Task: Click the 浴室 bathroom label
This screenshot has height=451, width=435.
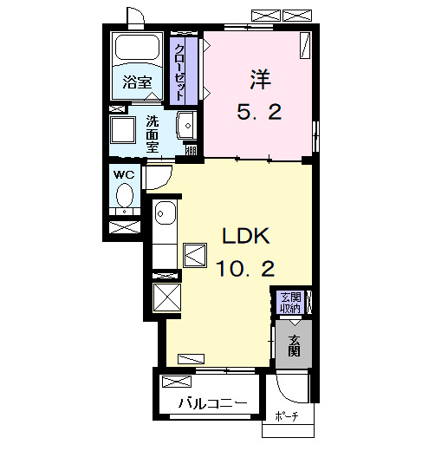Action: tap(137, 82)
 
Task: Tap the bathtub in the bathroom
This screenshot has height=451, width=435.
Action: tap(137, 48)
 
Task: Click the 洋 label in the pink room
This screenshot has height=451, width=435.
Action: tap(260, 80)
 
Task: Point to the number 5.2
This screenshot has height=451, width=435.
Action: tap(259, 112)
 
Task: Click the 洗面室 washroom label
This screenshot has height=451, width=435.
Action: tap(153, 134)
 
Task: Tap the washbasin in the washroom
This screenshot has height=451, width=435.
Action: tap(186, 126)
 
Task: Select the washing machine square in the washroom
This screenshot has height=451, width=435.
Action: tap(123, 129)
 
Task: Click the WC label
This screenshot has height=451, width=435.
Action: tap(124, 174)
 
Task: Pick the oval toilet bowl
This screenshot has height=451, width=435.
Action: tap(125, 196)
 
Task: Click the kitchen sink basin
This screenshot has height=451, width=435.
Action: tap(166, 213)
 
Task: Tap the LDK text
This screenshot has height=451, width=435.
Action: tap(246, 236)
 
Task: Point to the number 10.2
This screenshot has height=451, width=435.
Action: tap(245, 268)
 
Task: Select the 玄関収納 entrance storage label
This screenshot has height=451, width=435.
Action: tap(291, 303)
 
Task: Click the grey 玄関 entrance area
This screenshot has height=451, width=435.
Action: tap(294, 344)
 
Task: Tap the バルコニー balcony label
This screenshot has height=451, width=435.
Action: tap(213, 403)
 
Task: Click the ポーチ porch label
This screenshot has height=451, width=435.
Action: tap(287, 416)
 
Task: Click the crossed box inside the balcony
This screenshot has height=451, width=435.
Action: tap(177, 382)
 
